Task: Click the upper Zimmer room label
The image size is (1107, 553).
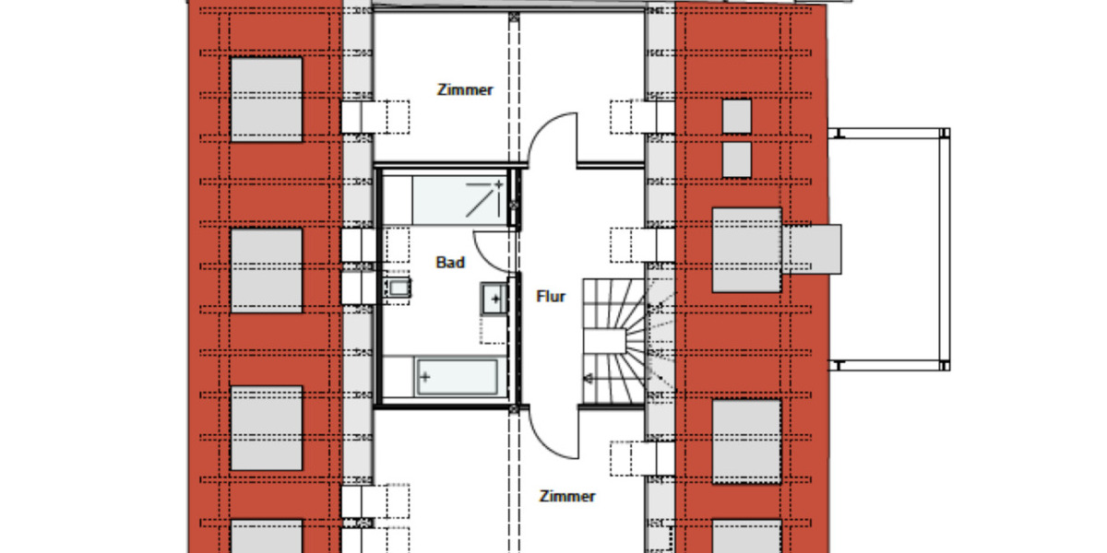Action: [x=465, y=90]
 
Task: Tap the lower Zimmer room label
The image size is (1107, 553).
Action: [x=567, y=496]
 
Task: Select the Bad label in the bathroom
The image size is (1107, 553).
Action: [x=450, y=263]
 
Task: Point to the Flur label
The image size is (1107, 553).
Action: [x=551, y=297]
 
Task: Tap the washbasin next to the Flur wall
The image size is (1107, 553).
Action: [x=494, y=299]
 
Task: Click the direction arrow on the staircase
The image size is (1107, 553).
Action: [x=587, y=377]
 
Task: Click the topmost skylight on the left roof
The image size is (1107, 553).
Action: [x=267, y=100]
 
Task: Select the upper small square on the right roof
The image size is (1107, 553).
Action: [x=736, y=116]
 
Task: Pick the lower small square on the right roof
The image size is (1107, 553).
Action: [x=736, y=159]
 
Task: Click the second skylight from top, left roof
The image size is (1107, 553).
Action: [x=267, y=270]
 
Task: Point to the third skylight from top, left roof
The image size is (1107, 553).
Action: [x=267, y=429]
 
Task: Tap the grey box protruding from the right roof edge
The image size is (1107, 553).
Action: [x=813, y=249]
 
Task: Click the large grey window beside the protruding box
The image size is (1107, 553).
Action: [x=746, y=250]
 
